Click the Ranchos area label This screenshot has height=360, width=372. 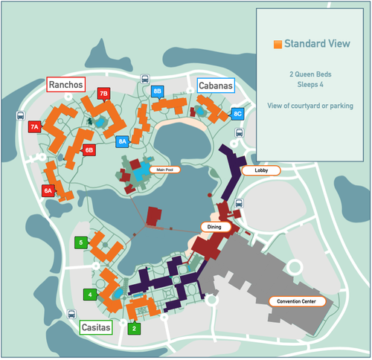click(x=66, y=84)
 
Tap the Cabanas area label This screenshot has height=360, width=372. click(x=216, y=86)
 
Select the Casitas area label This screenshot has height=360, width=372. click(x=96, y=327)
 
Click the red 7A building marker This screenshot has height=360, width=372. click(x=35, y=127)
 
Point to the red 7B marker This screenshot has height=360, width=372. click(x=104, y=94)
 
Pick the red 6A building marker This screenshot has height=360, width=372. click(x=48, y=191)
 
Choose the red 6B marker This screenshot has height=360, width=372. click(x=89, y=150)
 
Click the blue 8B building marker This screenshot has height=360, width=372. click(x=157, y=91)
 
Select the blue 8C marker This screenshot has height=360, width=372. click(x=237, y=114)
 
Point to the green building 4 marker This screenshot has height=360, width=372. click(x=90, y=295)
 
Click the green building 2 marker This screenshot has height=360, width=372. click(x=134, y=328)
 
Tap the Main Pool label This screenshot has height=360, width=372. click(x=165, y=170)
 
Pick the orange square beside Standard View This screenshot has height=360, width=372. click(x=278, y=45)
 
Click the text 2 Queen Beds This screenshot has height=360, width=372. click(x=311, y=74)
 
